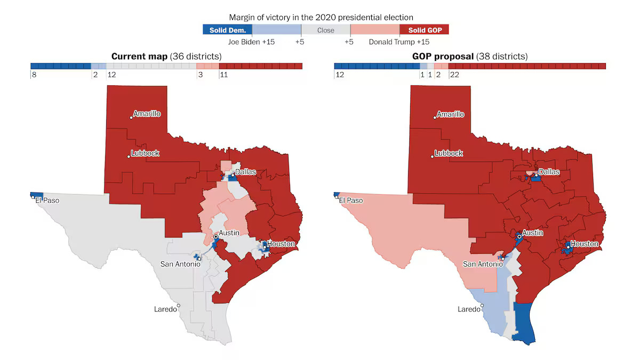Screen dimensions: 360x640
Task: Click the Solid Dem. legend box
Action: (227, 30)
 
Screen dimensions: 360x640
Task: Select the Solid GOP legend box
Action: (424, 30)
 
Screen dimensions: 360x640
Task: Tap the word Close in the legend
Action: (325, 30)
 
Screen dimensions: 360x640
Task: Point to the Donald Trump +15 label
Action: (399, 42)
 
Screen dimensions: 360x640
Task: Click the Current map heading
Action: (166, 56)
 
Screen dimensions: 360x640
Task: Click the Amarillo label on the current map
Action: (147, 114)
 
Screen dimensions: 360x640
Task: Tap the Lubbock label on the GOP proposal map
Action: (449, 153)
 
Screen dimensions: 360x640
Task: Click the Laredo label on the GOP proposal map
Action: (469, 309)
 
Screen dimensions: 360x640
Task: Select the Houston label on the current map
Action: (281, 244)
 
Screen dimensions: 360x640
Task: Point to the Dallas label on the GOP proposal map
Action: (549, 172)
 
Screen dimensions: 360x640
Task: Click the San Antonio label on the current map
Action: (180, 264)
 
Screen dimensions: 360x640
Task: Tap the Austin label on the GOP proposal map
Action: (532, 233)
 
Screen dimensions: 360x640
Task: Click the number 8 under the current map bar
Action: (34, 75)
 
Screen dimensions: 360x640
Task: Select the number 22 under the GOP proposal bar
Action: (455, 75)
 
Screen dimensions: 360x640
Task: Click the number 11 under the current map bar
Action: (223, 75)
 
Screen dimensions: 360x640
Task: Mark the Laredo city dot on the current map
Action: (179, 306)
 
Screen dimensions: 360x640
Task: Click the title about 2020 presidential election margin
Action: (321, 18)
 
